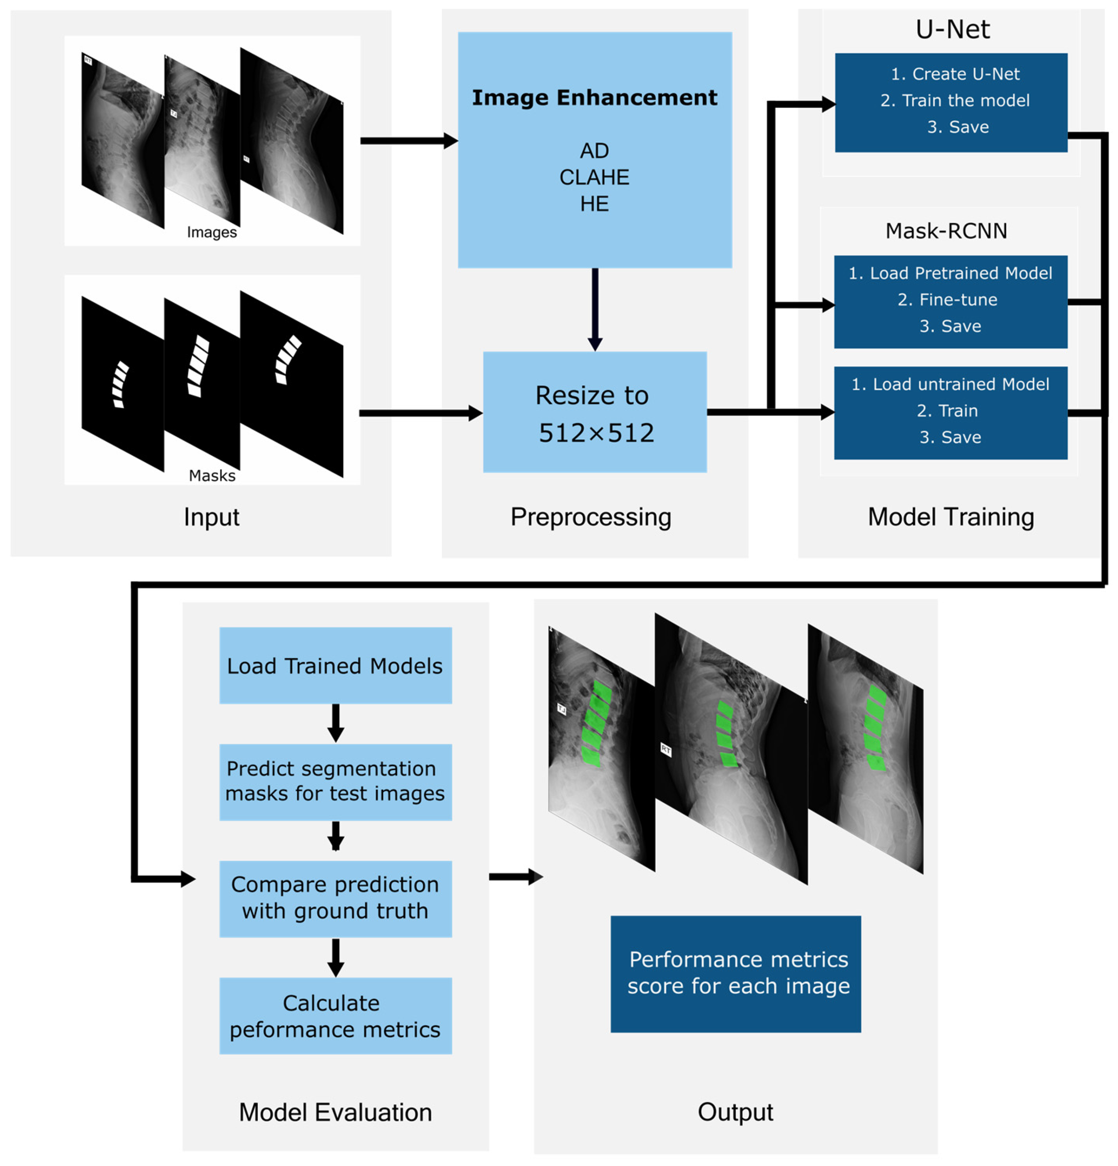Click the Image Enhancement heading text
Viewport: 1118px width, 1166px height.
[x=594, y=97]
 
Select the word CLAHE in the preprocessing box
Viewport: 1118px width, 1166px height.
[x=594, y=177]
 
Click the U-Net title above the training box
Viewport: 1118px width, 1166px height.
[x=952, y=29]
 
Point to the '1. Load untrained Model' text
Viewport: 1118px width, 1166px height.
[x=950, y=384]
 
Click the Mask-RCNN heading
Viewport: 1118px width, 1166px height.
[x=946, y=231]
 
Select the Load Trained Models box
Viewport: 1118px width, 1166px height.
[x=335, y=666]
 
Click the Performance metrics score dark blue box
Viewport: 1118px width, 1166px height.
[x=735, y=974]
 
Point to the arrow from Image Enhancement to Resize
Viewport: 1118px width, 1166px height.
[x=595, y=309]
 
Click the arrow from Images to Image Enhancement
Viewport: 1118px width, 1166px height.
[x=408, y=141]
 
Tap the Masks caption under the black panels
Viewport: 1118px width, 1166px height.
[x=212, y=475]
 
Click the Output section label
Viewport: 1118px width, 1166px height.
[x=735, y=1112]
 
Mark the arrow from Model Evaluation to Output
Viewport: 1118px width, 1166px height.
[x=515, y=876]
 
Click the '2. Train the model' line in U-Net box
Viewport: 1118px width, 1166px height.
[x=954, y=101]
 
